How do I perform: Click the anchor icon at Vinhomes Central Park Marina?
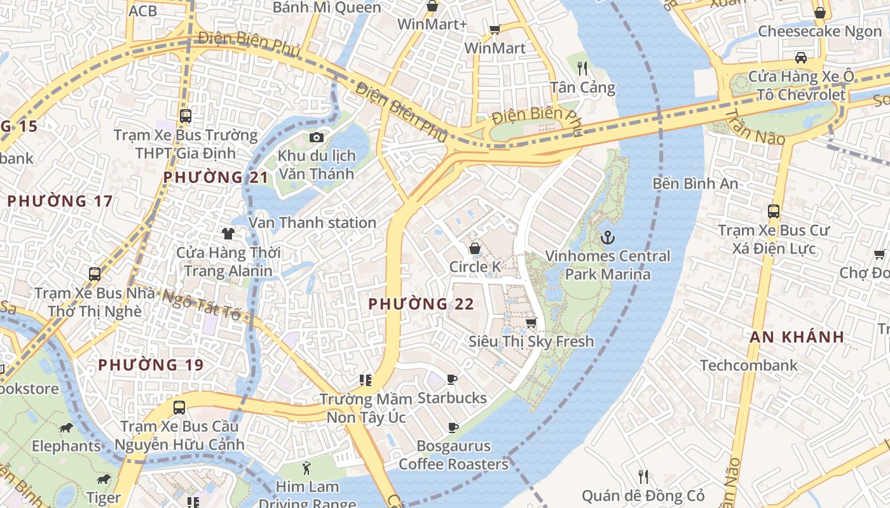coord(608,238)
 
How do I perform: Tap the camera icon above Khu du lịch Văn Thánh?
coord(316,137)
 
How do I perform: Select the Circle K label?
coord(475,267)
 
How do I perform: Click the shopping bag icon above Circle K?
coord(475,248)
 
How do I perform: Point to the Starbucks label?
coord(452,398)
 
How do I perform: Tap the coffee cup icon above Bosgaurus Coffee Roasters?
coord(453,427)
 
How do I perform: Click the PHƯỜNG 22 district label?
coord(421,304)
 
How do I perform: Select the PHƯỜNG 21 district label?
coord(216,177)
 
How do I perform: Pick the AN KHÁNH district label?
coord(797,337)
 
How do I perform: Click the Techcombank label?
coord(748,365)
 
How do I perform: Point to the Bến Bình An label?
coord(695,184)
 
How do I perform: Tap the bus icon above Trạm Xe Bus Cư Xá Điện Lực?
coord(774,211)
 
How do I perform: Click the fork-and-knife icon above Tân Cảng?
coord(582,68)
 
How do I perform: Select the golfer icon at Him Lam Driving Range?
coord(307,469)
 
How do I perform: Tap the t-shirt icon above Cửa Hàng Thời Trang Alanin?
coord(228,234)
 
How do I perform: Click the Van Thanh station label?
coord(312,223)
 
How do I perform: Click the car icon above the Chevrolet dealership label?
coord(801,58)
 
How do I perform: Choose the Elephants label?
coord(67,446)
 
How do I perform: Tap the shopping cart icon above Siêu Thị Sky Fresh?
coord(531,323)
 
